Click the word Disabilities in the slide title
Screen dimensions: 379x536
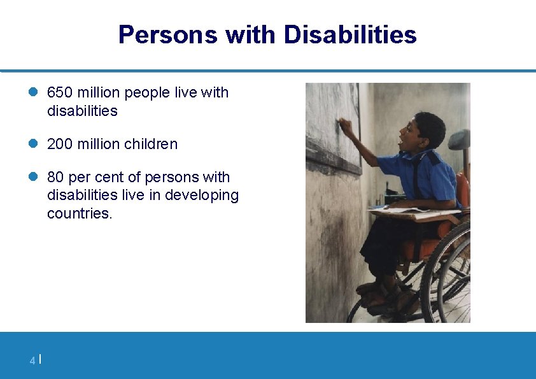(x=350, y=34)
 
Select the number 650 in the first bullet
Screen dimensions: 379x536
(x=60, y=93)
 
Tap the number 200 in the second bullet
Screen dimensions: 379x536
(x=60, y=145)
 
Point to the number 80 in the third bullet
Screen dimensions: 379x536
(x=55, y=177)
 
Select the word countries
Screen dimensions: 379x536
(x=79, y=213)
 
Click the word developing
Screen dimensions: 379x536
(x=202, y=196)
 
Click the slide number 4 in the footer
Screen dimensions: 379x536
(x=32, y=361)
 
